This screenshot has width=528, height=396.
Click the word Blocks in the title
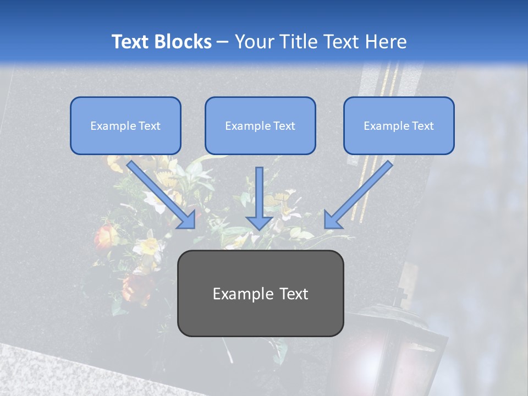(x=183, y=42)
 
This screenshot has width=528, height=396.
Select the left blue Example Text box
(x=125, y=126)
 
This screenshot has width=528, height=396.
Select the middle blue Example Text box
(x=260, y=126)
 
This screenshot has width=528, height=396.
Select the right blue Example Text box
(x=399, y=126)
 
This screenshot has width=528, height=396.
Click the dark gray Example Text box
(x=260, y=293)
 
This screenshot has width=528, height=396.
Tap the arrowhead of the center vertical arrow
(x=259, y=221)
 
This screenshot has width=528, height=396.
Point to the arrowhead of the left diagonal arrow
(x=187, y=219)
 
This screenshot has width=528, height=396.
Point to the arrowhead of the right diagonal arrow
(x=332, y=219)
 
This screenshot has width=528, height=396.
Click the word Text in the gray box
(x=291, y=294)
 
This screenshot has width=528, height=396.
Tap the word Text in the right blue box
(x=422, y=126)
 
